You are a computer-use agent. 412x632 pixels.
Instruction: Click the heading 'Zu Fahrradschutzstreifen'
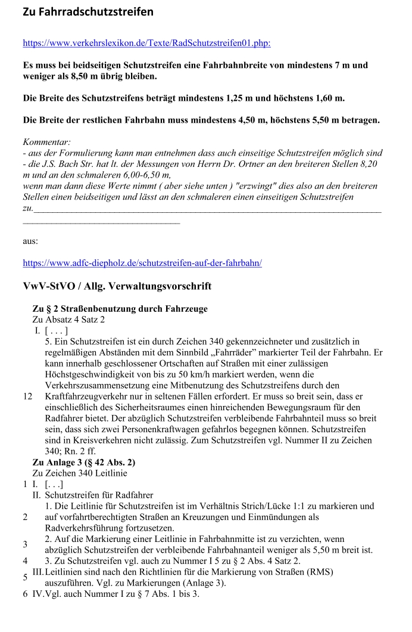coord(88,12)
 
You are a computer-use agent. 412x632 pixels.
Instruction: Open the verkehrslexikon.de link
coord(146,43)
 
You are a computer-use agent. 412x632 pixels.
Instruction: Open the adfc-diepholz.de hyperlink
coord(142,262)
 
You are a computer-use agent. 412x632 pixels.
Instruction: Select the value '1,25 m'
coord(240,98)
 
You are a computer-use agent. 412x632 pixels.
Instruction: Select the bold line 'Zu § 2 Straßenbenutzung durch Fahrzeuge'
coord(120,309)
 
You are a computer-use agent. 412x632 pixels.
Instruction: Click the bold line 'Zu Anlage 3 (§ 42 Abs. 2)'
coord(83,462)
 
